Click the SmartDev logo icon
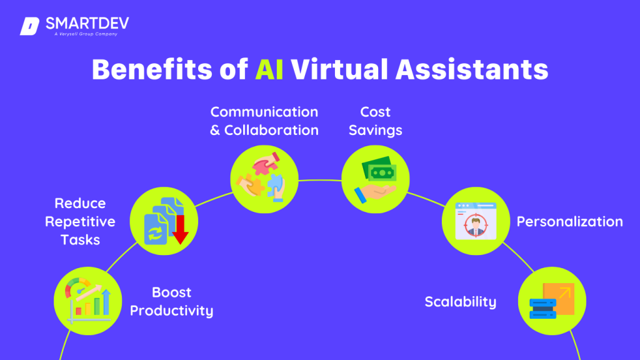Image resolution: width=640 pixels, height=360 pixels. (x=30, y=26)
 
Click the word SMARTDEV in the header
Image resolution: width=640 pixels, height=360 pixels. (x=87, y=24)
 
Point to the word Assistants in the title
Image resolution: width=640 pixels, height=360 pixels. (x=472, y=69)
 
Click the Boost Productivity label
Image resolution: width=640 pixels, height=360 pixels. (x=172, y=301)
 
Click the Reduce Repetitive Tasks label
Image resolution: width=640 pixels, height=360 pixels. (x=79, y=221)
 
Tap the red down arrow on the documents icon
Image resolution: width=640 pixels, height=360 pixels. (x=181, y=228)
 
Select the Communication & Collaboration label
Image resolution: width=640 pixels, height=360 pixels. (x=264, y=121)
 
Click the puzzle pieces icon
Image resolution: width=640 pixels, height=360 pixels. (x=264, y=179)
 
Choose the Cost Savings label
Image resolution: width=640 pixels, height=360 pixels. (x=375, y=121)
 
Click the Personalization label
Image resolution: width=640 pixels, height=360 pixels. (x=569, y=221)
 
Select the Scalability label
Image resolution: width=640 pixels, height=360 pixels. (x=461, y=302)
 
